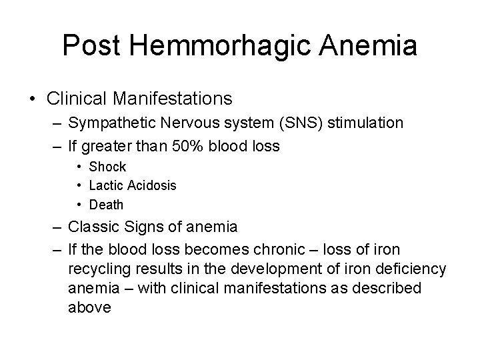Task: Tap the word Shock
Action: tap(107, 167)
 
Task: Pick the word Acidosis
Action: tap(151, 185)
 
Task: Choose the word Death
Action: tap(107, 205)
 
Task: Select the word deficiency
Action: tap(406, 269)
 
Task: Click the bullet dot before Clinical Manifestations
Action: tap(34, 99)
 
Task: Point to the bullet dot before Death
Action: tap(79, 205)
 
